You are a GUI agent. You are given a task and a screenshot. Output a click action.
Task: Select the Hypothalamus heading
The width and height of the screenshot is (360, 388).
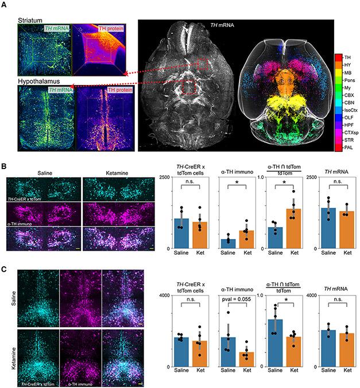38,82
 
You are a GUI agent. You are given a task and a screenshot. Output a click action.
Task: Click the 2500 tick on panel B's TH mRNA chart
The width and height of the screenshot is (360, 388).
313,177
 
